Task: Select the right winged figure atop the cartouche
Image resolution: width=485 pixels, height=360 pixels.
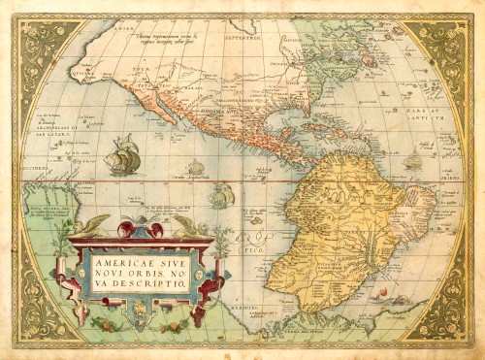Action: coord(187,225)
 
